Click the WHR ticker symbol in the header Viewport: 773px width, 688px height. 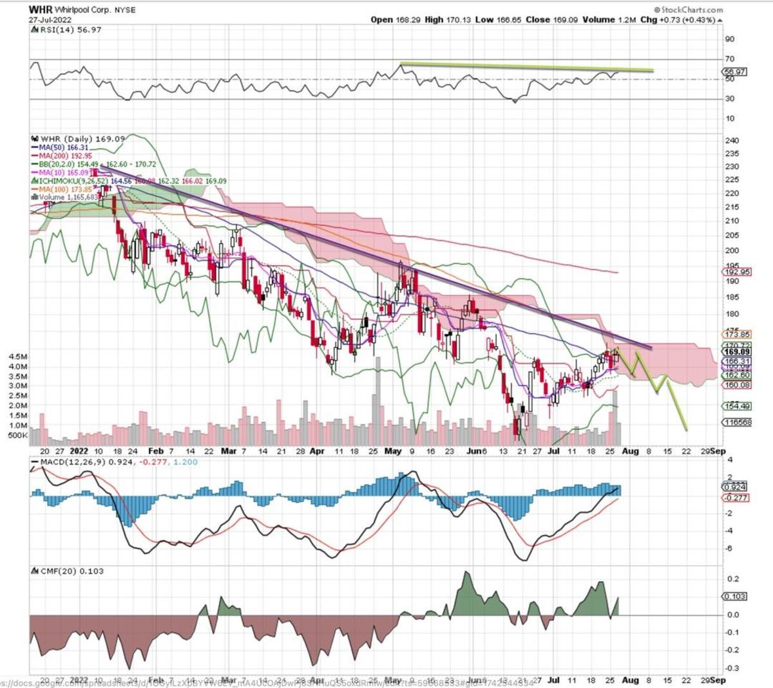click(40, 10)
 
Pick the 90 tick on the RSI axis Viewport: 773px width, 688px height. click(730, 39)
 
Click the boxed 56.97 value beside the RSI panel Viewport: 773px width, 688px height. click(735, 71)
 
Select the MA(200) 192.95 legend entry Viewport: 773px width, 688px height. click(66, 156)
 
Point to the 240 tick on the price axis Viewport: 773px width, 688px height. click(732, 140)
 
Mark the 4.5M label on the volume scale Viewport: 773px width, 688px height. click(17, 356)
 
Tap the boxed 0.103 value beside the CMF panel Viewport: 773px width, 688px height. click(735, 597)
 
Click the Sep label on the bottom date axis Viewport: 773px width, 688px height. click(717, 679)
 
